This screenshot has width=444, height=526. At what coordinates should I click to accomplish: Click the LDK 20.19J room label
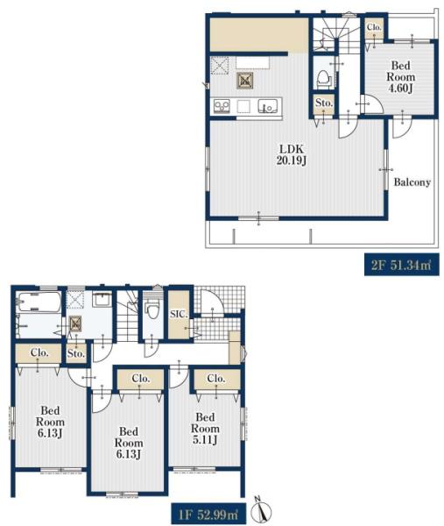click(x=292, y=154)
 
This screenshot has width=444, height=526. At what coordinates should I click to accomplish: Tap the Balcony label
click(x=412, y=182)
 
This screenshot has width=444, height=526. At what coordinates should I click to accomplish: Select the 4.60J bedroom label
click(x=401, y=77)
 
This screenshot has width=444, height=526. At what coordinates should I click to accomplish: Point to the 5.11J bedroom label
click(x=205, y=429)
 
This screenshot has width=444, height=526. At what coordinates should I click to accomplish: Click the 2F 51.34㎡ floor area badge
click(x=402, y=265)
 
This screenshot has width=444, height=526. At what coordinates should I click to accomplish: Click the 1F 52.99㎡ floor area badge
click(x=208, y=514)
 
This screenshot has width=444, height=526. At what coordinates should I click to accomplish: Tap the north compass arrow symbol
click(x=264, y=509)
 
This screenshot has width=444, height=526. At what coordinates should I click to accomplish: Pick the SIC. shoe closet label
click(x=179, y=315)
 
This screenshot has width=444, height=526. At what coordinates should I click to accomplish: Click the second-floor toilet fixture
click(x=324, y=79)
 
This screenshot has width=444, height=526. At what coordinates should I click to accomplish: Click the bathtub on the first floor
click(x=39, y=302)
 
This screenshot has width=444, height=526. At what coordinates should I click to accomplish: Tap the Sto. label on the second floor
click(x=324, y=103)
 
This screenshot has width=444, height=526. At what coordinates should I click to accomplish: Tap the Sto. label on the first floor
click(x=76, y=353)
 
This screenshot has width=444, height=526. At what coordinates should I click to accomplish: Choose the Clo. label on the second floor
click(x=374, y=27)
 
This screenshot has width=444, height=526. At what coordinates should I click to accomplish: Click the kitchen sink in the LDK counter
click(x=267, y=106)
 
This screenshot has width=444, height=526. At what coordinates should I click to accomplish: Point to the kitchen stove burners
click(x=222, y=106)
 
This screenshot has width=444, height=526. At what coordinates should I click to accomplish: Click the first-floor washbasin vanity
click(x=102, y=299)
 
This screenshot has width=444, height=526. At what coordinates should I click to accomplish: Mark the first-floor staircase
click(x=127, y=316)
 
